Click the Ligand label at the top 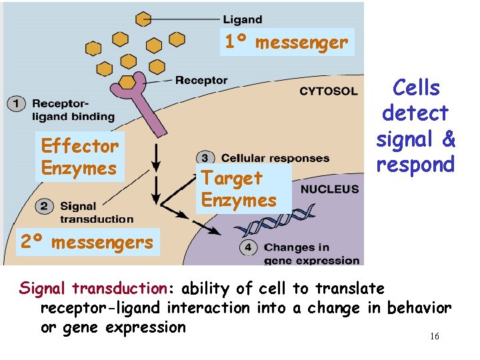tap(242, 19)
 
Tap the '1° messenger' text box tap(286, 43)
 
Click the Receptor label tap(201, 81)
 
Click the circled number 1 tap(16, 103)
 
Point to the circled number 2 tap(45, 207)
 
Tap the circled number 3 tap(207, 158)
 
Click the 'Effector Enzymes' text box tap(79, 157)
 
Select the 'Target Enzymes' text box tap(239, 189)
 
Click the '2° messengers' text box tap(87, 242)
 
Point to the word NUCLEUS tap(329, 189)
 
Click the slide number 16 tap(434, 337)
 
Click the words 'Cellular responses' tap(275, 158)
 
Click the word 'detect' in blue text tap(415, 113)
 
